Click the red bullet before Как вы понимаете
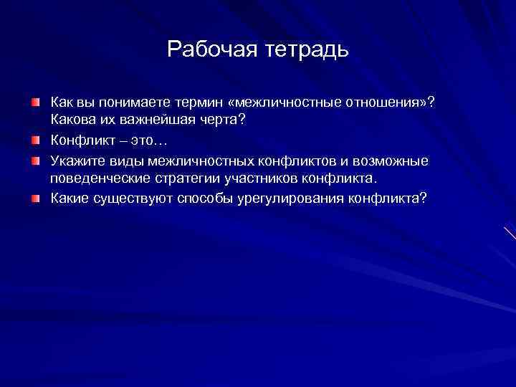[x=36, y=103]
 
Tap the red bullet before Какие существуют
[x=36, y=198]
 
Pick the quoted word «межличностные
[x=281, y=102]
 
